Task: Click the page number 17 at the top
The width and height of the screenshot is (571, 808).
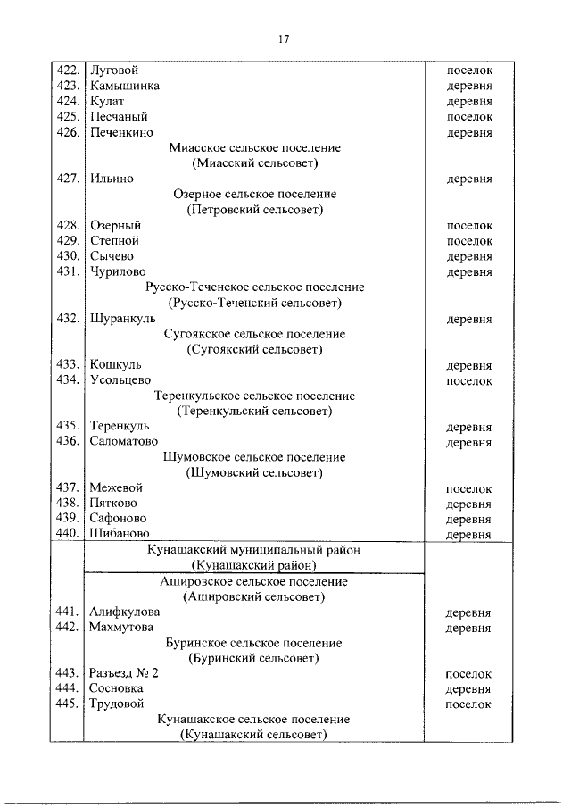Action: [284, 38]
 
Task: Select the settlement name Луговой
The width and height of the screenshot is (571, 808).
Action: [114, 70]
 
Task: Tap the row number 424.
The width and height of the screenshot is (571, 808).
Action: [69, 101]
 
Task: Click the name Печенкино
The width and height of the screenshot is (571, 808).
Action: [121, 132]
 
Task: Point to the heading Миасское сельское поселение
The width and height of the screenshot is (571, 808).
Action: [255, 147]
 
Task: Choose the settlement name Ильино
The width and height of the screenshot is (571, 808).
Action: [112, 179]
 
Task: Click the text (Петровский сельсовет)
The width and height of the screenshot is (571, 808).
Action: [255, 210]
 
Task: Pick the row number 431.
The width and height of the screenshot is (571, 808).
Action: [69, 271]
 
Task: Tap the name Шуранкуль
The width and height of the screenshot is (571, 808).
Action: [123, 318]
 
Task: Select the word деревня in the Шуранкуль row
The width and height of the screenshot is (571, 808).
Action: [468, 319]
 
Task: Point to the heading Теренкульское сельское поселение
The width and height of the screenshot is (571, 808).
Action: [255, 396]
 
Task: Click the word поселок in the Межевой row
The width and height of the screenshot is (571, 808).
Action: [468, 488]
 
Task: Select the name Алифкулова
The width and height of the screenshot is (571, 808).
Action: [125, 612]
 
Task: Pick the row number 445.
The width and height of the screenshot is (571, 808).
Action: [69, 704]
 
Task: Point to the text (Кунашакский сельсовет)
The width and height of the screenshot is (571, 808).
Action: [254, 735]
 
